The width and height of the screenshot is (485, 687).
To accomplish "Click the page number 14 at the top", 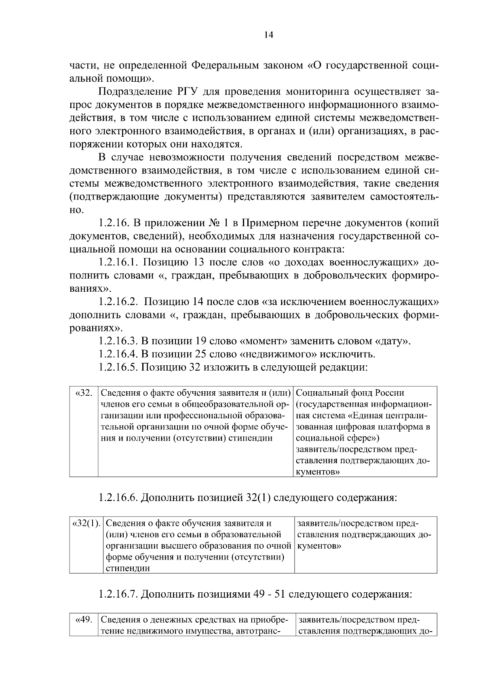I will (268, 35).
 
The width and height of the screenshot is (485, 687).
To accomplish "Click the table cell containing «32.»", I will (84, 393).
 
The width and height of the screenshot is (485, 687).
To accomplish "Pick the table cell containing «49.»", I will (84, 620).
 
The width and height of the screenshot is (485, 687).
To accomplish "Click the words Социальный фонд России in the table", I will (350, 393).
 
